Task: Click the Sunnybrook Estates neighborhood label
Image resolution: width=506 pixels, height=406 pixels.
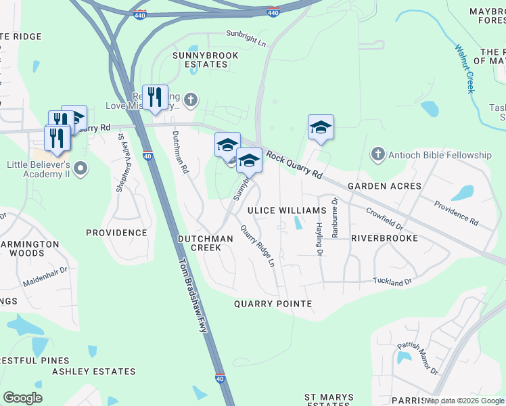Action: (200, 59)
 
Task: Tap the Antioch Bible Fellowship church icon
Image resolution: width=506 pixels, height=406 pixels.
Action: (377, 155)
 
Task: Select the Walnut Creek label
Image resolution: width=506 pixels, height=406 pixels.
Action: (466, 68)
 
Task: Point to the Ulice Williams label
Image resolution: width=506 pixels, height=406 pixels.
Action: (287, 210)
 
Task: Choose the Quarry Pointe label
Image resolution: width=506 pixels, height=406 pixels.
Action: (273, 304)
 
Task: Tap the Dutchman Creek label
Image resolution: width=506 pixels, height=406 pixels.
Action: (205, 243)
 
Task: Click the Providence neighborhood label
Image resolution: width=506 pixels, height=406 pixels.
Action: (116, 233)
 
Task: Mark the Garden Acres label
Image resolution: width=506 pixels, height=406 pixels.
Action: (384, 185)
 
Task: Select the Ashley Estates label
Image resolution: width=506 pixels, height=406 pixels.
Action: (85, 371)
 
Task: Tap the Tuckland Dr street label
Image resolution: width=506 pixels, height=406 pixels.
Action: (392, 281)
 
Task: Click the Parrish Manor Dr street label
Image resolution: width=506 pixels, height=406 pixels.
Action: (417, 359)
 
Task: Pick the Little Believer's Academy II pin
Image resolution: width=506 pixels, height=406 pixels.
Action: (80, 168)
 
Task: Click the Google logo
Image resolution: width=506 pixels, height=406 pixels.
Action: (22, 398)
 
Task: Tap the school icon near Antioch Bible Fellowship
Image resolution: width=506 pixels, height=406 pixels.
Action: (321, 127)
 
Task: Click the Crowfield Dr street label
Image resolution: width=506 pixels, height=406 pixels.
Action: (385, 217)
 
